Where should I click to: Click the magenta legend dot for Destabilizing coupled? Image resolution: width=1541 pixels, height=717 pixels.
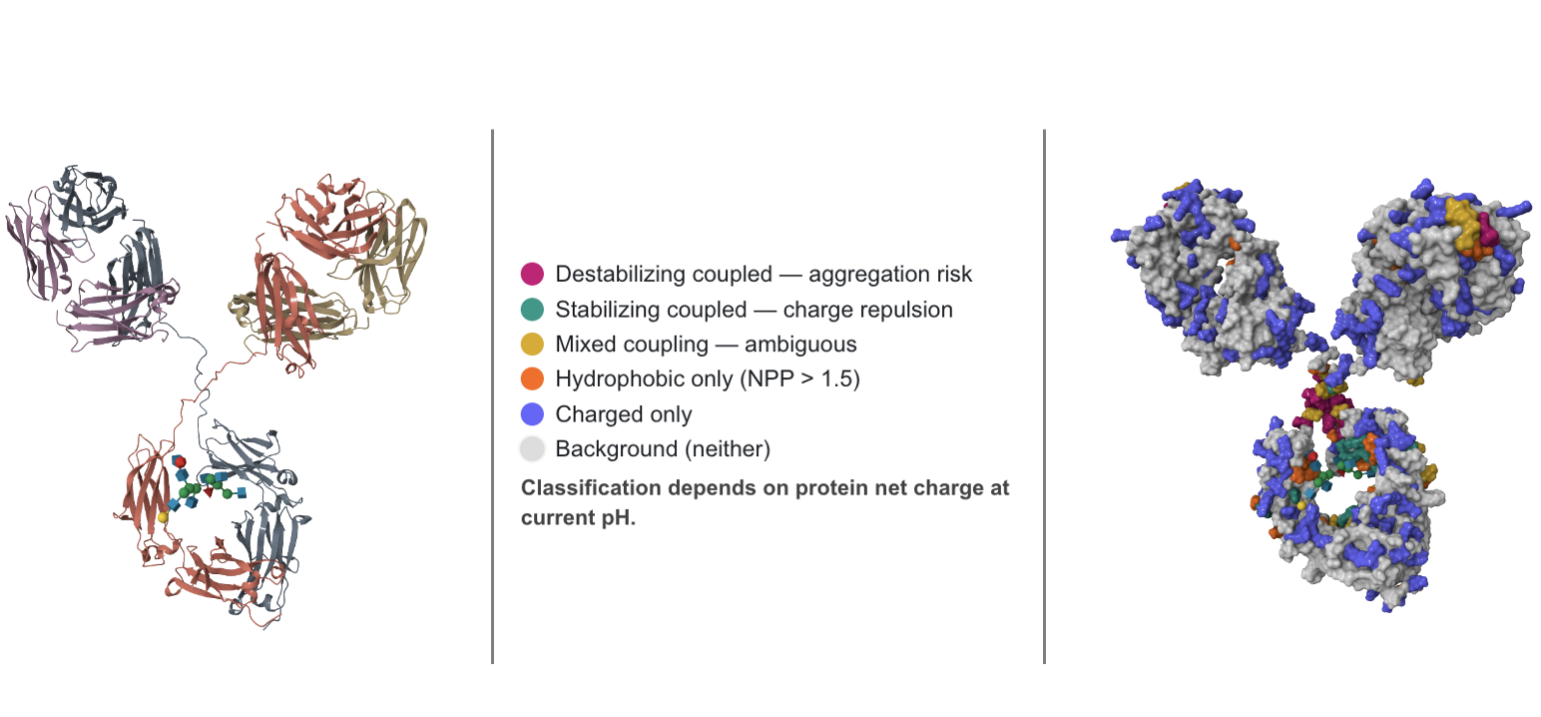coord(532,274)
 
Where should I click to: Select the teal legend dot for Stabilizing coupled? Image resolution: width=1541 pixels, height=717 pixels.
coord(532,310)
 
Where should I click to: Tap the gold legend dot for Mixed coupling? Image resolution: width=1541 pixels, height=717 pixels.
coord(532,345)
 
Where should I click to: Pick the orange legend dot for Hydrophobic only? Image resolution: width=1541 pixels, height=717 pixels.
coord(532,379)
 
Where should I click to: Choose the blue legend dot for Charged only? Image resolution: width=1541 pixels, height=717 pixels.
coord(532,414)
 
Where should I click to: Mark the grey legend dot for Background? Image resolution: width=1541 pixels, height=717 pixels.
coord(532,449)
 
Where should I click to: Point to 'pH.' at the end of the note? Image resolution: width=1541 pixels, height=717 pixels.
coord(619,519)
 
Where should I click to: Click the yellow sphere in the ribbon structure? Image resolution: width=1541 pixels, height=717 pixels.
coord(163,517)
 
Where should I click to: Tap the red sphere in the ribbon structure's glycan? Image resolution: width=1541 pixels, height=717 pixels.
coord(180,461)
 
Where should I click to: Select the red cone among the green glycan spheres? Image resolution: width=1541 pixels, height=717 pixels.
coord(208,490)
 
